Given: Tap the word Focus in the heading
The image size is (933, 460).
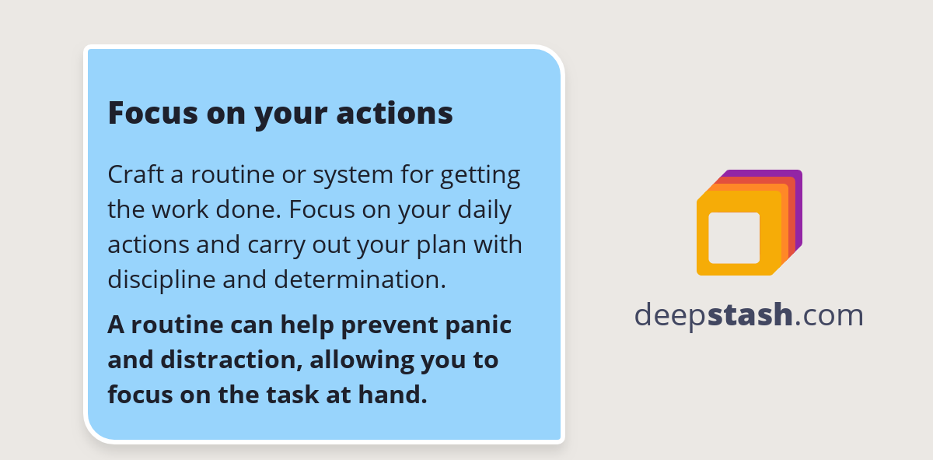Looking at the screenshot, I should tap(152, 113).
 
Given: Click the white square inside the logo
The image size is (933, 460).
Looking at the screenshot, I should tap(734, 237).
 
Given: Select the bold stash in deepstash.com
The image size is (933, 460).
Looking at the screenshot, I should tap(750, 315).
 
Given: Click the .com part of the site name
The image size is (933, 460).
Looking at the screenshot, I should tap(830, 315).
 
